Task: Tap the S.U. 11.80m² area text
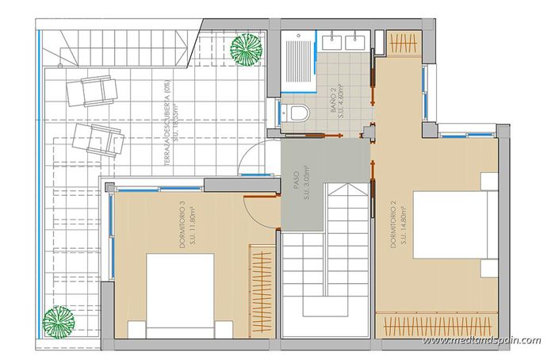pyautogui.click(x=193, y=230)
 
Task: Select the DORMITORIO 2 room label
pyautogui.click(x=394, y=226)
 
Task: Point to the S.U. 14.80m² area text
pyautogui.click(x=404, y=226)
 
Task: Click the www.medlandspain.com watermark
pyautogui.click(x=481, y=340)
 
